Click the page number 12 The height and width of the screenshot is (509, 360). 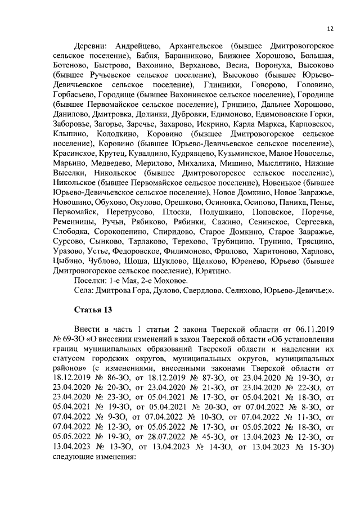pyautogui.click(x=330, y=29)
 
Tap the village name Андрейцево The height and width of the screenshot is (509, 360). pyautogui.click(x=138, y=44)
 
